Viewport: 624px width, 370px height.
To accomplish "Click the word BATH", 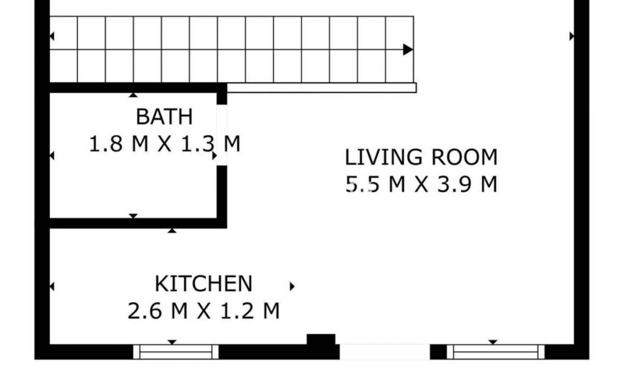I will (164, 117).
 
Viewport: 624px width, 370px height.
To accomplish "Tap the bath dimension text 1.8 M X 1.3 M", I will (164, 144).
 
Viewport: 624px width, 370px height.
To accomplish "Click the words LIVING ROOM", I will (421, 157).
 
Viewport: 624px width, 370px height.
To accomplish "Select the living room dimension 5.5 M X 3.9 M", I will (421, 184).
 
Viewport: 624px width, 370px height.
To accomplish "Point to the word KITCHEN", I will (203, 284).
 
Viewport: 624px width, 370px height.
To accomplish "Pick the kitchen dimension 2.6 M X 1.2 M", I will (203, 311).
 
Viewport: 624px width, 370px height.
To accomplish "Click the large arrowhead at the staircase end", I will (408, 50).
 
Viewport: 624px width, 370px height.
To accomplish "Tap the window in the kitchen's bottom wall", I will (176, 352).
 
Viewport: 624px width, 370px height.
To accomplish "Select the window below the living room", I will (495, 352).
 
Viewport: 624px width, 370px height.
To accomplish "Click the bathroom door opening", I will (222, 135).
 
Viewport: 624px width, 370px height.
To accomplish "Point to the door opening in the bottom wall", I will (385, 352).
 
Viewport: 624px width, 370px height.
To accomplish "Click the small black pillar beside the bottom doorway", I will (321, 339).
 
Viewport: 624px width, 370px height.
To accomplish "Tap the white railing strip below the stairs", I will (322, 88).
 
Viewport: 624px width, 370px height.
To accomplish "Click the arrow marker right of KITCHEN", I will (292, 286).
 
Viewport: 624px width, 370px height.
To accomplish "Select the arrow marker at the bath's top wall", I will (133, 95).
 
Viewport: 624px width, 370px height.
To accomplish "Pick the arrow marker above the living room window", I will (493, 342).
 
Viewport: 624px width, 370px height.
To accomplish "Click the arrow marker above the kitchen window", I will (172, 342).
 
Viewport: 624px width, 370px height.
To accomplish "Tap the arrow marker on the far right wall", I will (571, 36).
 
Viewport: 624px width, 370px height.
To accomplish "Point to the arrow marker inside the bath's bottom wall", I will (133, 216).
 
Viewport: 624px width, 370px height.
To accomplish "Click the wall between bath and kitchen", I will (136, 223).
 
